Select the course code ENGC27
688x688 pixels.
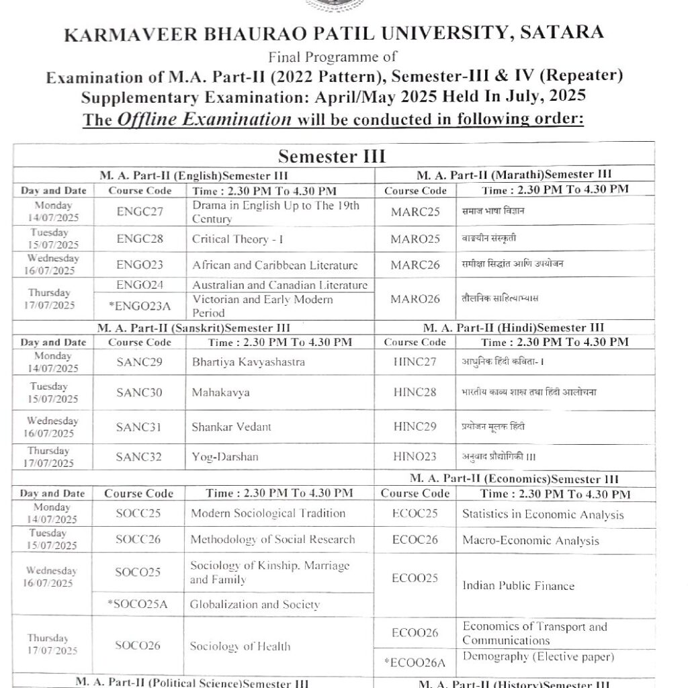pyautogui.click(x=140, y=212)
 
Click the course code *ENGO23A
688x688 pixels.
pyautogui.click(x=140, y=306)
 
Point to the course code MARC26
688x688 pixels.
pyautogui.click(x=415, y=265)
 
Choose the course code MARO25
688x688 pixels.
pyautogui.click(x=415, y=239)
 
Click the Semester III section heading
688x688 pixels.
pyautogui.click(x=332, y=157)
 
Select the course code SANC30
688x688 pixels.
pyautogui.click(x=139, y=392)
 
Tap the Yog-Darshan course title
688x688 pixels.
pyautogui.click(x=225, y=457)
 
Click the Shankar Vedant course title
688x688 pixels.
pyautogui.click(x=232, y=427)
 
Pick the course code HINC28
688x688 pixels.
pyautogui.click(x=415, y=392)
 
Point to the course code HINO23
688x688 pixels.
pyautogui.click(x=415, y=457)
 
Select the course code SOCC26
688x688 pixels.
pyautogui.click(x=138, y=540)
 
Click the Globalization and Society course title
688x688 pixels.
pyautogui.click(x=255, y=604)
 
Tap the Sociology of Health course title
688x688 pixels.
pyautogui.click(x=240, y=646)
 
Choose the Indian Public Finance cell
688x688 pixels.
pyautogui.click(x=518, y=586)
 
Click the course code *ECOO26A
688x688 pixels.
pyautogui.click(x=415, y=662)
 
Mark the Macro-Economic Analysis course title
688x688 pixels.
pyautogui.click(x=530, y=540)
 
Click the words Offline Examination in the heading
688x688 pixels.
pyautogui.click(x=205, y=120)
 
